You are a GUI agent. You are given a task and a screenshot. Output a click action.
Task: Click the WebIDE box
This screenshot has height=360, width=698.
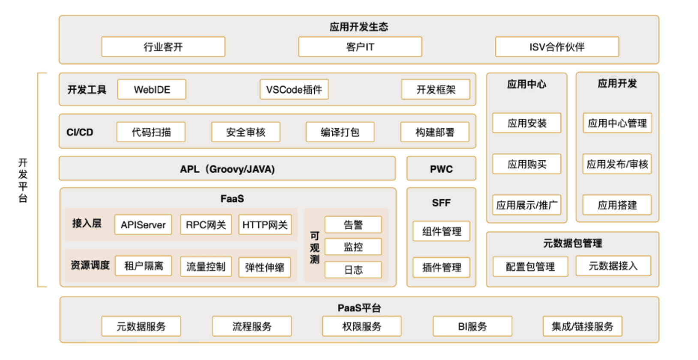point(152,90)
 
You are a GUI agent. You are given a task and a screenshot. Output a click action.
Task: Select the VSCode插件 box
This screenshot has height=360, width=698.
point(294,90)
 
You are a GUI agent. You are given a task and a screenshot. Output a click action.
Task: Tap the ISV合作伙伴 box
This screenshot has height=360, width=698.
point(557,47)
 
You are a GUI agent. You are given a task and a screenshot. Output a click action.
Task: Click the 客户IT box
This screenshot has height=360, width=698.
point(360,47)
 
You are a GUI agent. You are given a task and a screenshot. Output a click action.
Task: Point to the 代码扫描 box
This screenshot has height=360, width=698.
point(151,132)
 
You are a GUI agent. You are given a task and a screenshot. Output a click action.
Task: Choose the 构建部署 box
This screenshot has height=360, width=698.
point(435,132)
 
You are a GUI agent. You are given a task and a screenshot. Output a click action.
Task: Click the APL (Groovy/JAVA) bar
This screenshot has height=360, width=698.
point(227,169)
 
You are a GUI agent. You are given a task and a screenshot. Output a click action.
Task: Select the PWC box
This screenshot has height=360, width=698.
point(441,169)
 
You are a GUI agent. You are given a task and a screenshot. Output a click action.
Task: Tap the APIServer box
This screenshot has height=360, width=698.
point(143,225)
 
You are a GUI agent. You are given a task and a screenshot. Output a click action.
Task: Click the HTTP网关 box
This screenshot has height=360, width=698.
point(265,225)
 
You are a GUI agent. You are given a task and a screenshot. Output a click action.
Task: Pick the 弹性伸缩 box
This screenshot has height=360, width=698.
point(265,267)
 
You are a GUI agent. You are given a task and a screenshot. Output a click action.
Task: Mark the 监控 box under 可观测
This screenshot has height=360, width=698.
point(353,247)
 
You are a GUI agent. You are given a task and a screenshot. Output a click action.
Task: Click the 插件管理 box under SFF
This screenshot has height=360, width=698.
point(442,267)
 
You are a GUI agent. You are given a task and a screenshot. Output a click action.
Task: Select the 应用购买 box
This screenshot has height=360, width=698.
point(527,164)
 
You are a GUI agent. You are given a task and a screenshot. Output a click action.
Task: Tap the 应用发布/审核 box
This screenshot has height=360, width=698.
point(617,164)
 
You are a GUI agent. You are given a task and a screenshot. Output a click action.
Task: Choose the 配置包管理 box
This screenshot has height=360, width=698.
point(530,267)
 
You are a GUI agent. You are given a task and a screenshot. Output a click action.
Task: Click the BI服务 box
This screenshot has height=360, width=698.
point(472,327)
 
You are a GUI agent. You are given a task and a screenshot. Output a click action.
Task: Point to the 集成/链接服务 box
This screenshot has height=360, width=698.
point(582,327)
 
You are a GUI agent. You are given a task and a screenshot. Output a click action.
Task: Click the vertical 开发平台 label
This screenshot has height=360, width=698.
point(23,180)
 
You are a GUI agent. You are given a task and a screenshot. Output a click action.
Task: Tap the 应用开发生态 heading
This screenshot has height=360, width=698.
point(359,27)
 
